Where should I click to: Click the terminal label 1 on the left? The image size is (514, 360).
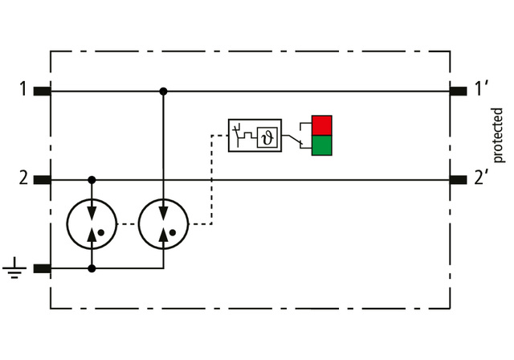(23, 88)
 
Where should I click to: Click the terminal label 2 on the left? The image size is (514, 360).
(23, 178)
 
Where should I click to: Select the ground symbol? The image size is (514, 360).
(13, 269)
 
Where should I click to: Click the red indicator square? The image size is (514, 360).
(321, 125)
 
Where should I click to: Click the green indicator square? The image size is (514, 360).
(321, 145)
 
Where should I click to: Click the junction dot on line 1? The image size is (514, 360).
(163, 92)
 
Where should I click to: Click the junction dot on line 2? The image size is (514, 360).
(92, 180)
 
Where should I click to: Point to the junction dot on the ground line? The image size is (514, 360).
(92, 269)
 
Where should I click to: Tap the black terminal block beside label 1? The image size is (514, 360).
(43, 92)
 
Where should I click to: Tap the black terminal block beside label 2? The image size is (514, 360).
(43, 180)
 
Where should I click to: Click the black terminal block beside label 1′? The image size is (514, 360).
(459, 92)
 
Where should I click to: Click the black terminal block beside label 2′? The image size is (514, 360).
(459, 180)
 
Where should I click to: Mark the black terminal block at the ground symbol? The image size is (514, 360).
(43, 269)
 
